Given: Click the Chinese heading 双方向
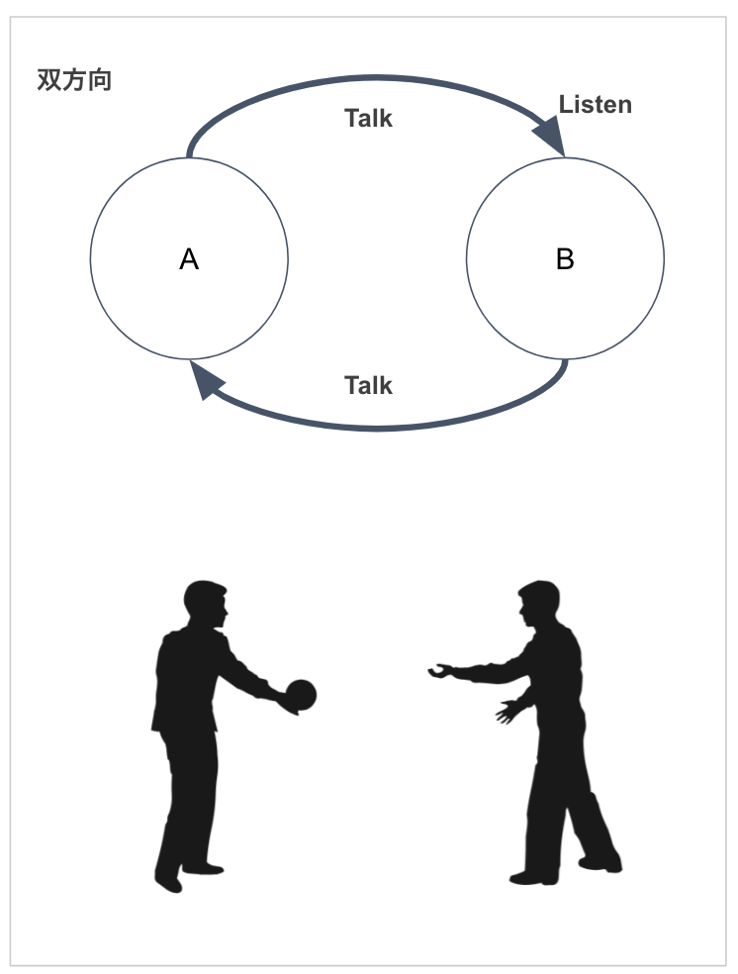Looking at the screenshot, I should click(x=74, y=80).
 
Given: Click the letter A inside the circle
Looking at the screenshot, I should click(x=189, y=259).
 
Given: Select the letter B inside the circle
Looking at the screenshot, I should click(x=565, y=259).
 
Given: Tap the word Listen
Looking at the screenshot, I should click(x=595, y=105).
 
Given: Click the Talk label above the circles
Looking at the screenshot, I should click(x=368, y=119).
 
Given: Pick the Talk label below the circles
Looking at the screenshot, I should click(x=368, y=386).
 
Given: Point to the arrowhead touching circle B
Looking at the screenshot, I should click(x=551, y=137).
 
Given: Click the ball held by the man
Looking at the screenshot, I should click(x=301, y=695).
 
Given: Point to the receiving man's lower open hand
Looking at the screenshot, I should click(x=510, y=709).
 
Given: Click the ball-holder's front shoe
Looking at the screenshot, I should click(x=204, y=868).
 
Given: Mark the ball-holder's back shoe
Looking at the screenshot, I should click(x=169, y=880).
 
